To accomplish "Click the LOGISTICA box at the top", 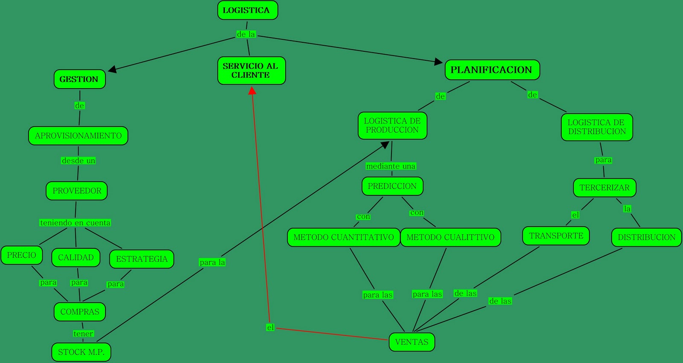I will pyautogui.click(x=247, y=10).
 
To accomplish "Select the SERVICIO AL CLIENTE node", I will pyautogui.click(x=251, y=71).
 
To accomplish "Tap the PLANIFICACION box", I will pyautogui.click(x=492, y=70).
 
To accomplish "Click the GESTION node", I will pyautogui.click(x=79, y=79).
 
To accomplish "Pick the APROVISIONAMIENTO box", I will pyautogui.click(x=78, y=136).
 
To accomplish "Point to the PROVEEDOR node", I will pyautogui.click(x=77, y=191).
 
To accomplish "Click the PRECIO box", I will pyautogui.click(x=22, y=255).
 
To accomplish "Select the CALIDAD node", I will pyautogui.click(x=76, y=257).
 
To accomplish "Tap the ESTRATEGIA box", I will pyautogui.click(x=142, y=259).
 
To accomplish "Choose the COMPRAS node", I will pyautogui.click(x=80, y=312).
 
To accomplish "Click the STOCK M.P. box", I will pyautogui.click(x=81, y=352).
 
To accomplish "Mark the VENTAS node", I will pyautogui.click(x=412, y=342).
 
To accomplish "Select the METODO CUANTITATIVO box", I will pyautogui.click(x=344, y=237).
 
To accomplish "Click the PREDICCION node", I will pyautogui.click(x=392, y=186).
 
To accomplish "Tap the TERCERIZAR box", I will pyautogui.click(x=604, y=188).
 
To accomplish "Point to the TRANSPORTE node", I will pyautogui.click(x=556, y=236).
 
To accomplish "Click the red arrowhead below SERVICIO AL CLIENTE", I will pyautogui.click(x=252, y=90).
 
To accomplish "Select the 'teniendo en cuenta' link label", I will pyautogui.click(x=76, y=223).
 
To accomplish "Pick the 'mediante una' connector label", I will pyautogui.click(x=391, y=166).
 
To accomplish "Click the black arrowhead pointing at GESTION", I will pyautogui.click(x=112, y=69).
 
